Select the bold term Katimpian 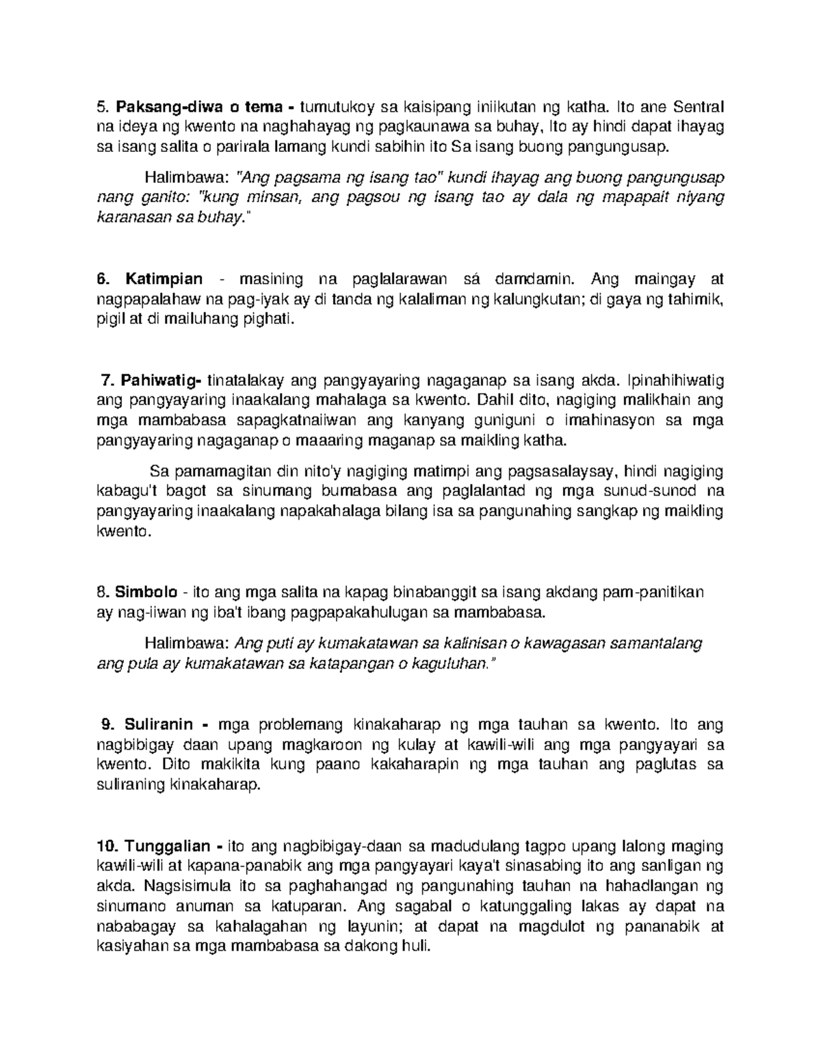164,279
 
